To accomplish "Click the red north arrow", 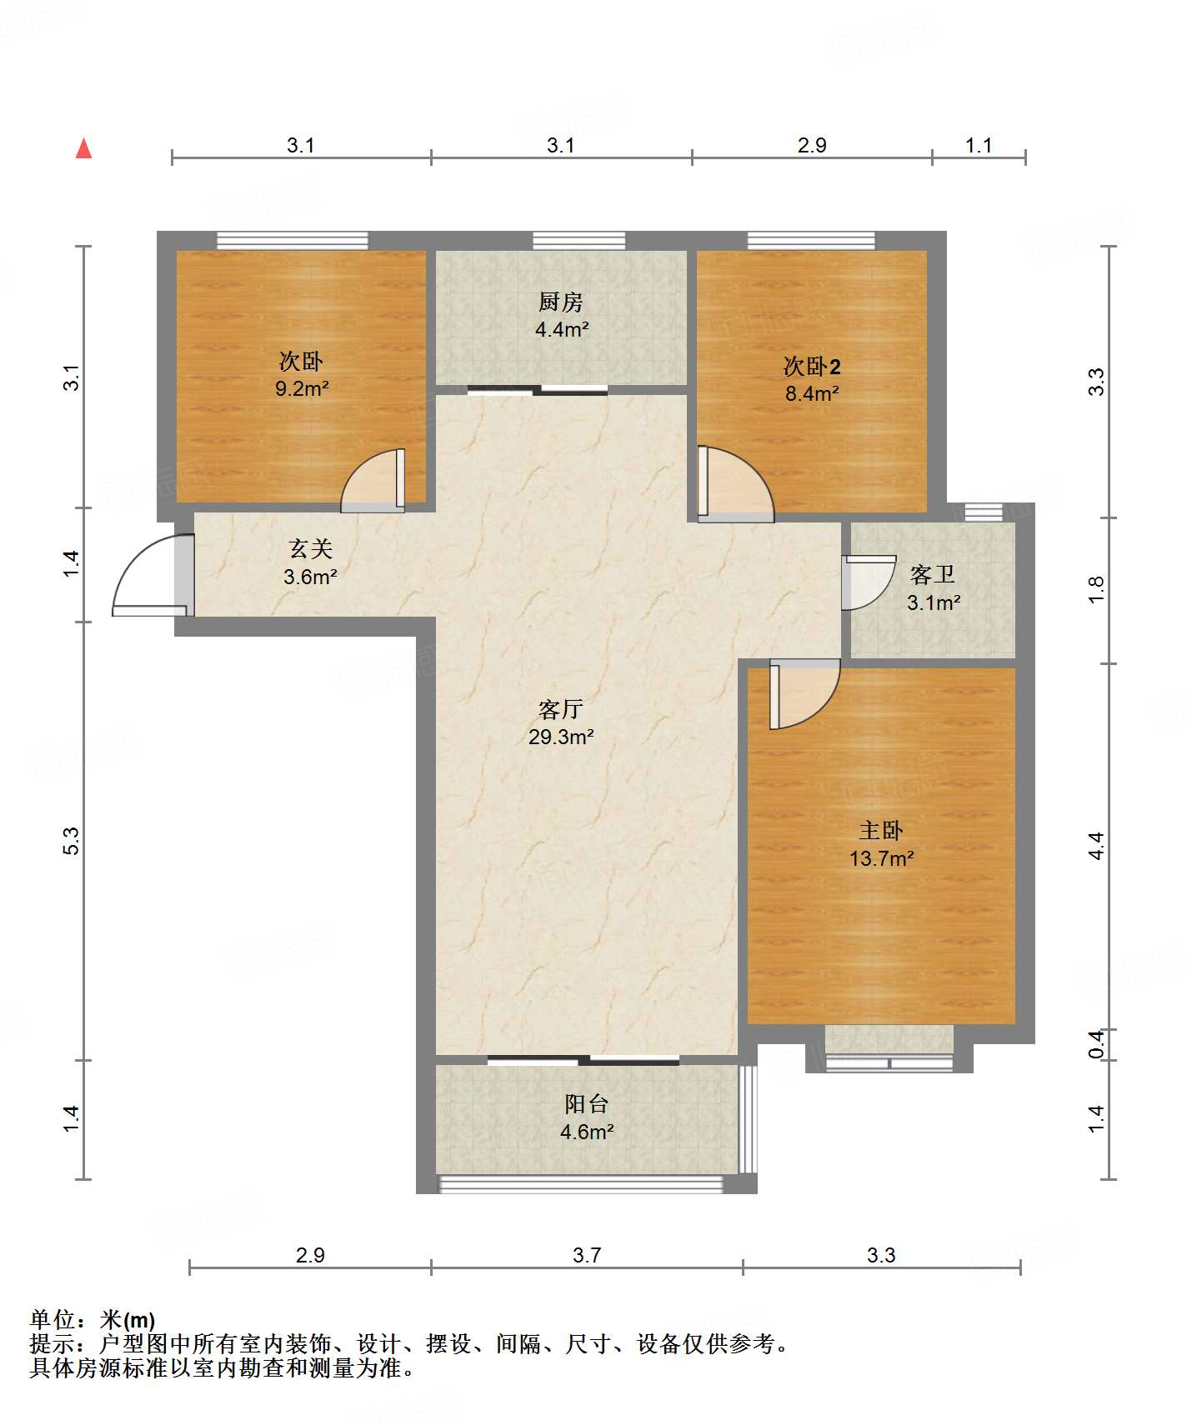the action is pyautogui.click(x=83, y=148).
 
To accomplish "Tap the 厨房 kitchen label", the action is pyautogui.click(x=561, y=302).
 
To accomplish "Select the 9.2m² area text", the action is pyautogui.click(x=302, y=388).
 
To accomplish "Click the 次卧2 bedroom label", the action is pyautogui.click(x=812, y=366).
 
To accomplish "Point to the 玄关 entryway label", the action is pyautogui.click(x=311, y=548).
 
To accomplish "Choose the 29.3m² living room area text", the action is pyautogui.click(x=561, y=737).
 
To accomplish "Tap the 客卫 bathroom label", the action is pyautogui.click(x=933, y=574).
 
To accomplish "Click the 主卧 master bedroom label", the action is pyautogui.click(x=881, y=830).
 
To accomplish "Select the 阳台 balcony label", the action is pyautogui.click(x=587, y=1104).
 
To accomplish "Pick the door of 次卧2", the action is pyautogui.click(x=735, y=484).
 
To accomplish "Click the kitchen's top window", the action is pyautogui.click(x=578, y=241).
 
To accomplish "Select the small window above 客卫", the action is pyautogui.click(x=984, y=512).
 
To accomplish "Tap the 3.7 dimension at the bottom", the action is pyautogui.click(x=587, y=1255).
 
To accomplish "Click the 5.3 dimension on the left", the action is pyautogui.click(x=72, y=840).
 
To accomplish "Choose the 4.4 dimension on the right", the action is pyautogui.click(x=1097, y=846).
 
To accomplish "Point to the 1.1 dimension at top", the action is pyautogui.click(x=979, y=145).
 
